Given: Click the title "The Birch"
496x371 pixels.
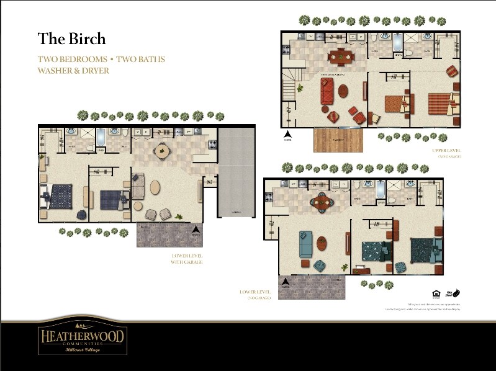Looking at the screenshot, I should click(x=71, y=38).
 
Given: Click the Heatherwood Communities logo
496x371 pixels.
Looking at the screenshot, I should click(x=83, y=337).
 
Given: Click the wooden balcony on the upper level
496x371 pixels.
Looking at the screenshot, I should click(x=338, y=140).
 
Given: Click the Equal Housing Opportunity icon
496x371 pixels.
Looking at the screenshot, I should click(x=435, y=293).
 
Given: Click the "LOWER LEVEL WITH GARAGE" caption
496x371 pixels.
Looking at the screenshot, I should click(x=187, y=259).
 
